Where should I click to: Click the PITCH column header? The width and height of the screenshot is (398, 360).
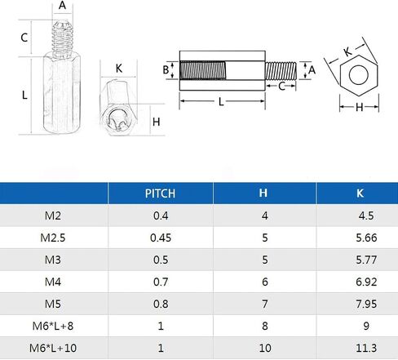[160, 193]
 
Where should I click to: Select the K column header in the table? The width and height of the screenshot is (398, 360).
[360, 193]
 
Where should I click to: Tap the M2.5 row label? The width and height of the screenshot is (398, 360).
[53, 238]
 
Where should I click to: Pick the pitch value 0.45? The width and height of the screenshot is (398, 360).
[161, 238]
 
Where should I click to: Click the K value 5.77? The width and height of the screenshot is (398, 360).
[366, 260]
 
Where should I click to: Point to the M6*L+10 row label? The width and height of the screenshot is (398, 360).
[53, 348]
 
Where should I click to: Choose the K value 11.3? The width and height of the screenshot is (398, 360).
[366, 348]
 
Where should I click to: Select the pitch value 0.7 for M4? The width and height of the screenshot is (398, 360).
[161, 282]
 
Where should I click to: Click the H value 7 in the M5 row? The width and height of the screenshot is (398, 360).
[265, 304]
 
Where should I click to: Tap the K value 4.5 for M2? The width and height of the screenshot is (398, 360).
[366, 216]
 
